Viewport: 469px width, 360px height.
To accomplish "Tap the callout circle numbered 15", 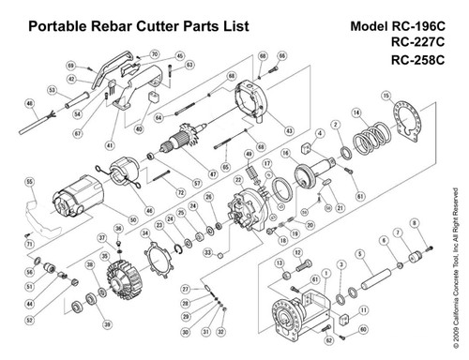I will tap(386, 96).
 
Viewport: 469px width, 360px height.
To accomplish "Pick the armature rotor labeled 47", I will tap(177, 145).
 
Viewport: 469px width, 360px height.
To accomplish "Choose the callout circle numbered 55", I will tap(30, 181).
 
